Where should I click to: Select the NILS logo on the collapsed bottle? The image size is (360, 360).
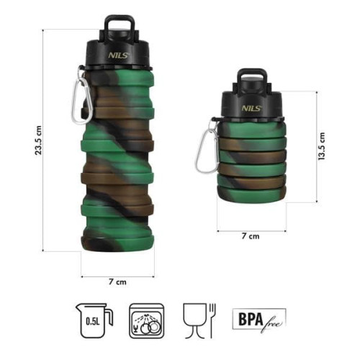coord(250,107)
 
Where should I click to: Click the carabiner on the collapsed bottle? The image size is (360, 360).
coord(209,147)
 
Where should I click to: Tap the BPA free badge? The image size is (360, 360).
coord(258,318)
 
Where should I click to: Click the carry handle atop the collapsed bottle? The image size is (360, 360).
coord(250,78)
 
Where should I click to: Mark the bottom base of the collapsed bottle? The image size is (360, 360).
coord(251,207)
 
